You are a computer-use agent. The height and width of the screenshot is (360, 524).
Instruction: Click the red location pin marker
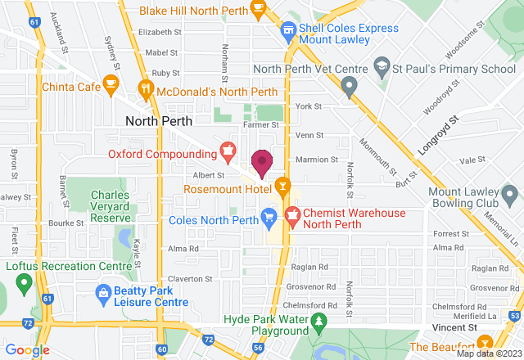(x=262, y=162)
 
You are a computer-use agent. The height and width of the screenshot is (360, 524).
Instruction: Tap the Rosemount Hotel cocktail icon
(x=282, y=187)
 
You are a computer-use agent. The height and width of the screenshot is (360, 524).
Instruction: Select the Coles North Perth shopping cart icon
(x=268, y=216)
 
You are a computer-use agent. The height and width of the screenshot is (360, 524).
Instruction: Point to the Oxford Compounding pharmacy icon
(x=228, y=150)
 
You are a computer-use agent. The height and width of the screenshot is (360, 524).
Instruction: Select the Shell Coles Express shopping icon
(x=287, y=31)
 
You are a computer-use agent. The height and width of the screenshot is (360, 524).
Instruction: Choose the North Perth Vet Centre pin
(x=350, y=84)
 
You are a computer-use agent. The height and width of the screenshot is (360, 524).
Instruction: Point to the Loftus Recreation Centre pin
(x=23, y=284)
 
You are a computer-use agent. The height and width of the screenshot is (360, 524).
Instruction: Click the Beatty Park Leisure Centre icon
(x=104, y=292)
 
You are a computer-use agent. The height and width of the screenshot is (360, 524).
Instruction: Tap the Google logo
(x=26, y=350)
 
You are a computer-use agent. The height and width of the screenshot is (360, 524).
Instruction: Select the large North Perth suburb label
(x=158, y=119)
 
